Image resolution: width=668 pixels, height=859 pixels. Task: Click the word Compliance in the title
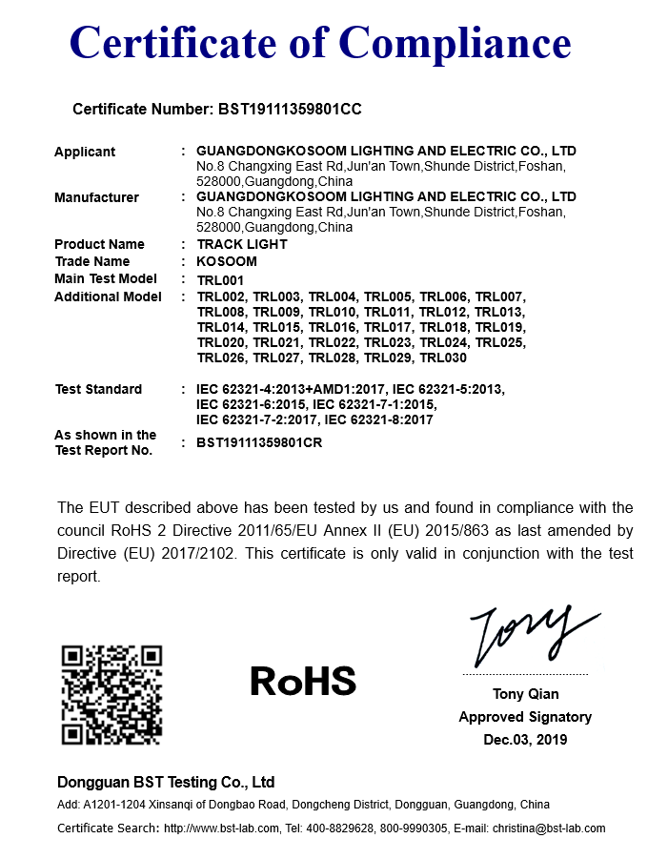[455, 43]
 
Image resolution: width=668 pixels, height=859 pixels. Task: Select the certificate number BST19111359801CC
[290, 110]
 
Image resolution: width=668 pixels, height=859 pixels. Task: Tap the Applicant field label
[85, 152]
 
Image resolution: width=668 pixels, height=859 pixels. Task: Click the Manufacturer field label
[96, 197]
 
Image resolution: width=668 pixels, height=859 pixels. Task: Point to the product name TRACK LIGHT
[242, 244]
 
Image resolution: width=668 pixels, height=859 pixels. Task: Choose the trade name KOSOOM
[227, 261]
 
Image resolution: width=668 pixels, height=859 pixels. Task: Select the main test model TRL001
[221, 279]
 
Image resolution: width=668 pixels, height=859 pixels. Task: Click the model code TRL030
[443, 358]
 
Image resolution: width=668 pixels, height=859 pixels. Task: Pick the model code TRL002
[221, 297]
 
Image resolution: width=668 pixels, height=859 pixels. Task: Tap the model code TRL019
[499, 327]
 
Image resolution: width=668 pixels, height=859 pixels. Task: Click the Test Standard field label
[98, 389]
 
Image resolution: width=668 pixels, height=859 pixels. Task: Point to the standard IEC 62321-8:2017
[379, 419]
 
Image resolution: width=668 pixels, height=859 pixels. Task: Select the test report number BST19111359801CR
[259, 442]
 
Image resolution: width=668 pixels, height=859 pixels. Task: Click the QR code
[111, 695]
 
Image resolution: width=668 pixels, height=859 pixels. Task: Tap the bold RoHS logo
[303, 681]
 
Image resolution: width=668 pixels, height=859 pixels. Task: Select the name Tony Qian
[526, 694]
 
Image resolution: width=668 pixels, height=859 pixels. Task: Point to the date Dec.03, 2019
[525, 740]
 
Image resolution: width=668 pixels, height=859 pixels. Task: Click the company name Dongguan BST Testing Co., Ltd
[166, 782]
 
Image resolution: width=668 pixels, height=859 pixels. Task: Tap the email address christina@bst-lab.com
[549, 828]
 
